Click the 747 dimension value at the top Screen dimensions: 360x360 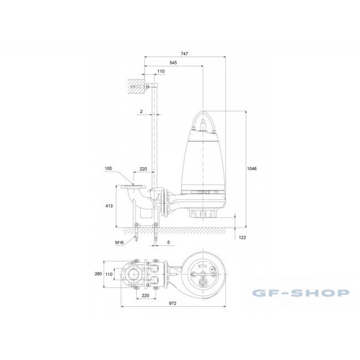(184, 54)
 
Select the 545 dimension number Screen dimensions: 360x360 (173, 63)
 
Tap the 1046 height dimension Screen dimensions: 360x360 (252, 168)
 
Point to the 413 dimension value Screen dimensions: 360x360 (109, 206)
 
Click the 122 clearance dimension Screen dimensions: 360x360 (243, 238)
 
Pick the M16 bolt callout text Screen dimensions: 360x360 (119, 243)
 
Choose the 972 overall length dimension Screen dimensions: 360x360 (173, 303)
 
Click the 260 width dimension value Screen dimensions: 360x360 (98, 274)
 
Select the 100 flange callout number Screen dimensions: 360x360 (108, 168)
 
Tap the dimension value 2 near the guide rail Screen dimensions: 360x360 (141, 112)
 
